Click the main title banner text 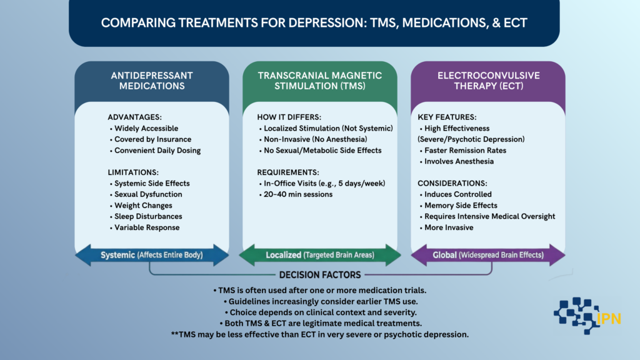tap(314, 23)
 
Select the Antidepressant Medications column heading tap(151, 81)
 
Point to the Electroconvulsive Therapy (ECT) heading tap(487, 81)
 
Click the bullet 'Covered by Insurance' tap(152, 139)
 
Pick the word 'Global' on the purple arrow tap(446, 255)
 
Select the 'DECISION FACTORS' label tap(319, 274)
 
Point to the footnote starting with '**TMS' tap(320, 334)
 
